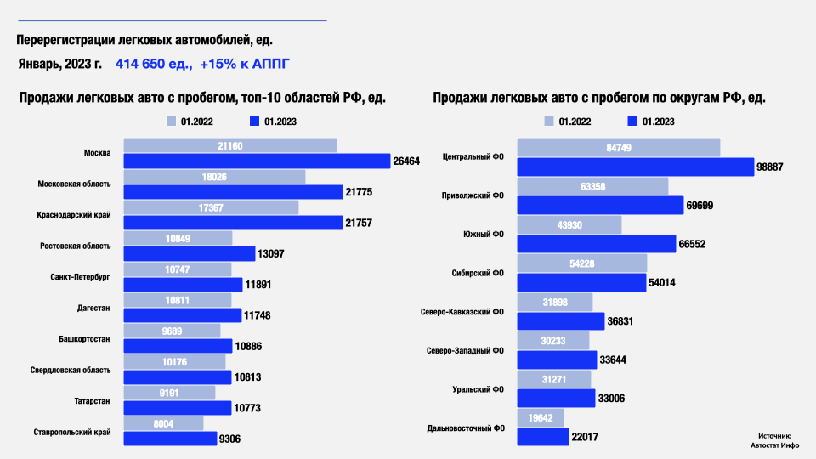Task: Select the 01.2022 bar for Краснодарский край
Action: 212,207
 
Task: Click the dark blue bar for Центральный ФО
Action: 635,167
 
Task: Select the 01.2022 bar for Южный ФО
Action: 569,224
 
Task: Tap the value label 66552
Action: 692,245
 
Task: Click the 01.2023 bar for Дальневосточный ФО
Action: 542,437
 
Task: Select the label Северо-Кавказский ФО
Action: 462,312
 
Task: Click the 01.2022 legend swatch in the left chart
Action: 171,122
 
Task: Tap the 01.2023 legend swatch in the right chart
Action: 632,122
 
